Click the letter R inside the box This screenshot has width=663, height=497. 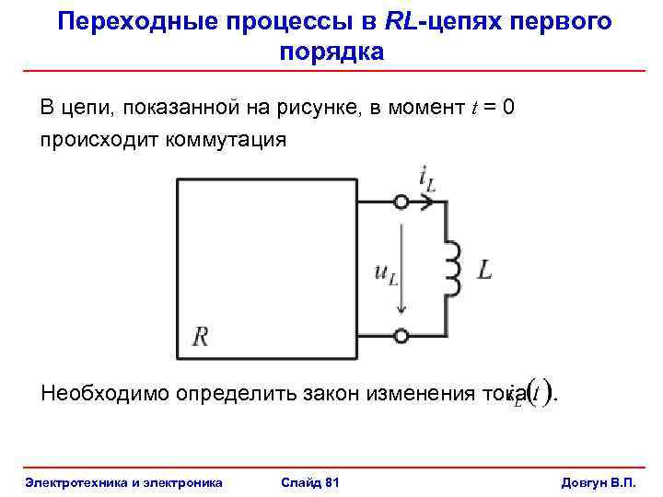[200, 336]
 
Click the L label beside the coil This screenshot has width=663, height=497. [484, 270]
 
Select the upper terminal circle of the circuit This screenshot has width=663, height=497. [401, 202]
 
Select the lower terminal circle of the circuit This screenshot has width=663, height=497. [401, 335]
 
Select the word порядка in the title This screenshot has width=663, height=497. [331, 52]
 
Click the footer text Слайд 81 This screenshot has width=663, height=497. [308, 482]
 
